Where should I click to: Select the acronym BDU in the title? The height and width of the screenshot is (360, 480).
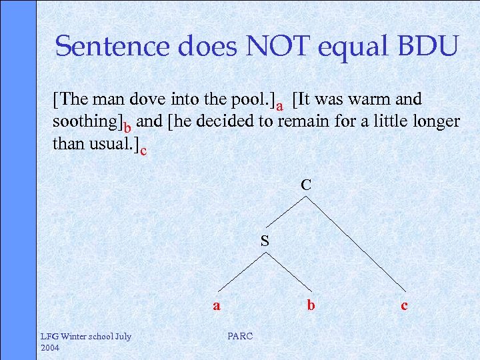coord(427,46)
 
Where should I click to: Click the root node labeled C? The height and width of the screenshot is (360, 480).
coord(305,185)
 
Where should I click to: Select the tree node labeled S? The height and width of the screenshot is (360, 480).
coord(265,241)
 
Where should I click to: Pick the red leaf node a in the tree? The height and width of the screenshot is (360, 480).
coord(216,306)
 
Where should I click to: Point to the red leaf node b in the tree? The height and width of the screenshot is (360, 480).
coord(311,306)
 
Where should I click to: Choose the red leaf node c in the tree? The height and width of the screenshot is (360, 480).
coord(404,306)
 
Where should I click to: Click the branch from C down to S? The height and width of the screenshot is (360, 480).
coord(286,213)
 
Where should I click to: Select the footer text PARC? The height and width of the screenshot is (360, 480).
coord(240,336)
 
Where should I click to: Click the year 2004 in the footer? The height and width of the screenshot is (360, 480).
coord(51,348)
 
